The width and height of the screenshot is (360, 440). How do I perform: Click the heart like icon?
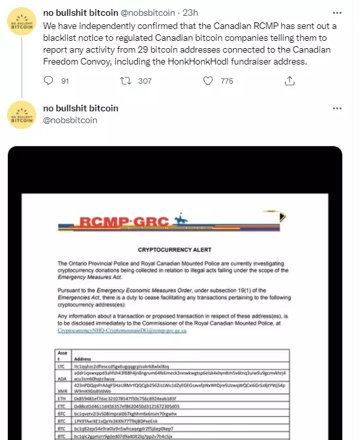click(x=208, y=81)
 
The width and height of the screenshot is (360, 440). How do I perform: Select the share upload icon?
click(x=289, y=81)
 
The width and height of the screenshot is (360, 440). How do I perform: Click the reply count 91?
click(x=65, y=81)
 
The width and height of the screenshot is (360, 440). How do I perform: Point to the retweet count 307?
click(x=145, y=81)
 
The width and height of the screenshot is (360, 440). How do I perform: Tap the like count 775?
click(x=227, y=81)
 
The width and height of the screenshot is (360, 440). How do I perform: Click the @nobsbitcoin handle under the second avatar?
click(x=70, y=120)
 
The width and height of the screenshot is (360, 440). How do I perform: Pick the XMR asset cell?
click(x=61, y=390)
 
